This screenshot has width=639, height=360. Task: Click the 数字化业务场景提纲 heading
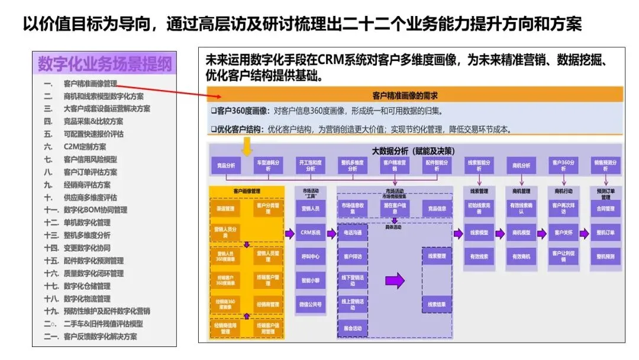coord(105,63)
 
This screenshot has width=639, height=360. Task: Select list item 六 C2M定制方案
coord(85,147)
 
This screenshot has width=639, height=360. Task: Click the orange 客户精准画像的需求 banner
coord(414,95)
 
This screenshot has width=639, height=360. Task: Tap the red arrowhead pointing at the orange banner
coord(217,97)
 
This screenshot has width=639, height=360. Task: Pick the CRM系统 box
coord(311,233)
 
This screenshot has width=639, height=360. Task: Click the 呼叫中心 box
coord(311,257)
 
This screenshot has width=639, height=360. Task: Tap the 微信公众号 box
coord(311,304)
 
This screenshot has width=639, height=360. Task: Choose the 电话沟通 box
coord(353,233)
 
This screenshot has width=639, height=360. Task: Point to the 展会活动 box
coord(353,328)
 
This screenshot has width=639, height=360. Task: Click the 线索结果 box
coord(437,304)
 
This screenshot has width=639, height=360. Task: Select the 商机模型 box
coord(521,233)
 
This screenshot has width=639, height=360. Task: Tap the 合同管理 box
coord(605,209)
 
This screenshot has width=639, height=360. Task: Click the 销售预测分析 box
coord(605,165)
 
